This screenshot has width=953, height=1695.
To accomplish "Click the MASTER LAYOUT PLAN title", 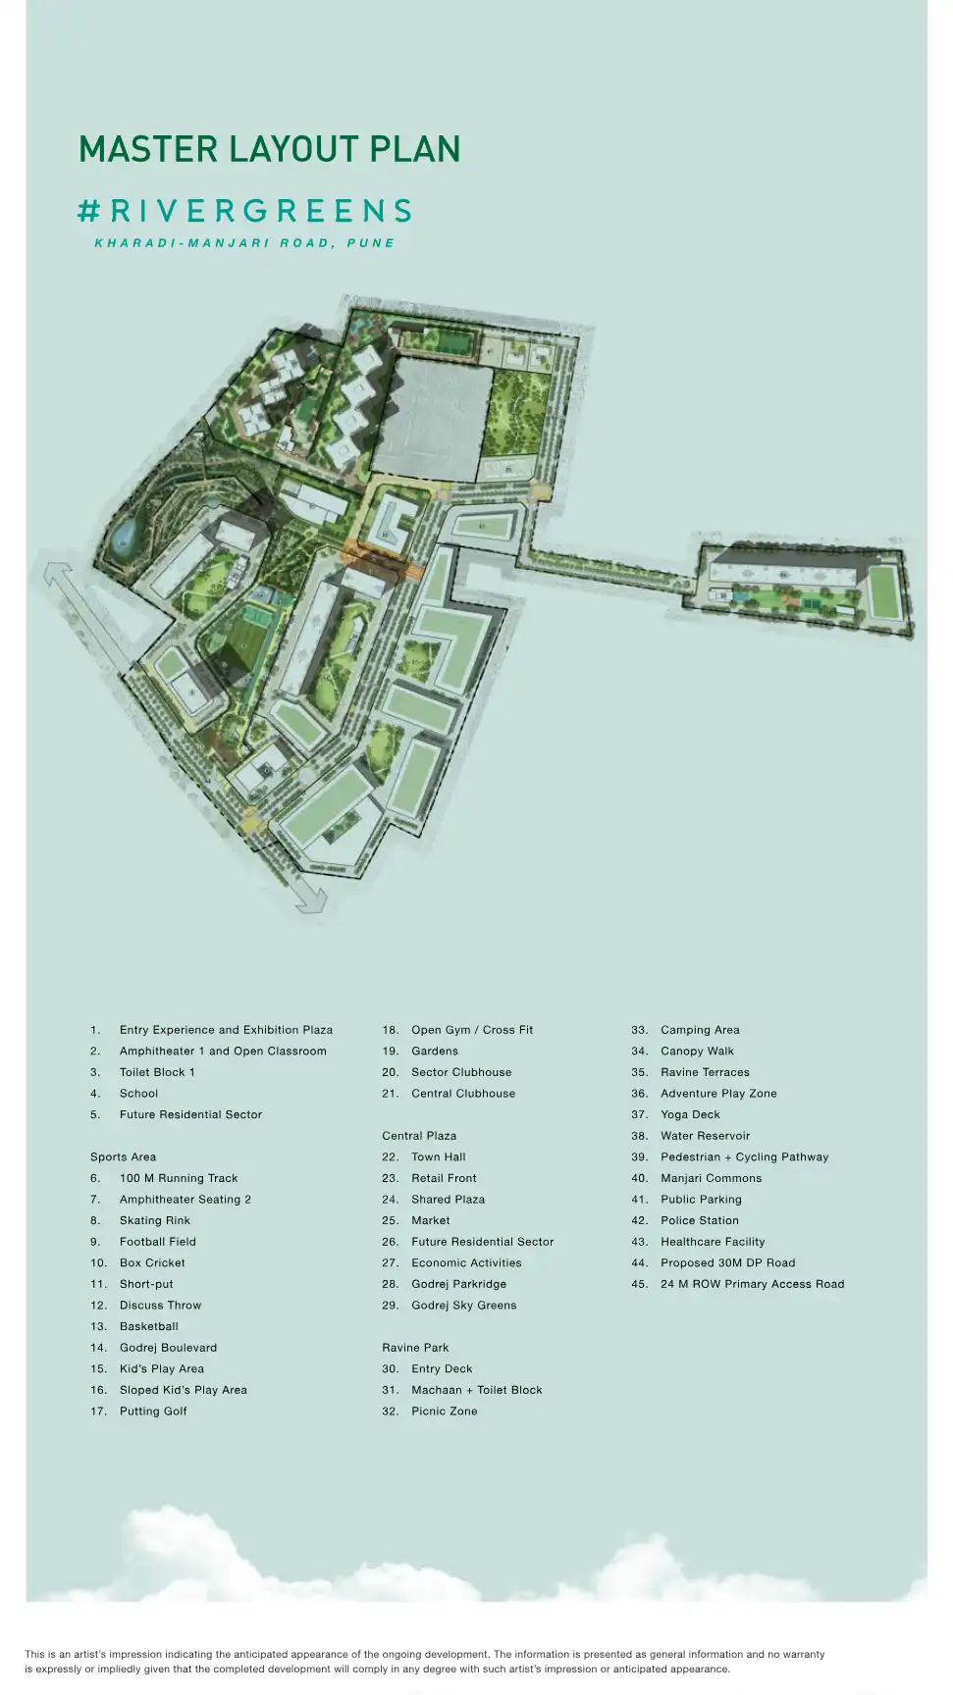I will (270, 150).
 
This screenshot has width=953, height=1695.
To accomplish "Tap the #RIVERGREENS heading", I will (245, 211).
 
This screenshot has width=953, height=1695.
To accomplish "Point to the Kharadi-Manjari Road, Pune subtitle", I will (244, 243).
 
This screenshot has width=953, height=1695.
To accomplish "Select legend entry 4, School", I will (138, 1094).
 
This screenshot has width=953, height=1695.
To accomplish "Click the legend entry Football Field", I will (157, 1242).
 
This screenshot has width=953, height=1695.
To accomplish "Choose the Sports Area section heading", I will (123, 1157).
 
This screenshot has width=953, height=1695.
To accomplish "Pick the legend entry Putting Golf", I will (153, 1412).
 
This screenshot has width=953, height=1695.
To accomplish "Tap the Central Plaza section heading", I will (419, 1136).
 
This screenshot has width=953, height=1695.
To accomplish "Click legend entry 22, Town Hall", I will (438, 1157).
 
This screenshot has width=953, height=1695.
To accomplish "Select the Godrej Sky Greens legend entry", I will (463, 1306).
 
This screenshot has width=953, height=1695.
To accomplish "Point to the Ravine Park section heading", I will (415, 1348).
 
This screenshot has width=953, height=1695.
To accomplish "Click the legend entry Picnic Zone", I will (444, 1412).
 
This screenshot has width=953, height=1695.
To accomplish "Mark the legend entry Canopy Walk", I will (697, 1052).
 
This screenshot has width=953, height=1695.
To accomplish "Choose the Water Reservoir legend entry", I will (705, 1136).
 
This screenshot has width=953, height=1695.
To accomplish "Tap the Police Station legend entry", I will (699, 1221).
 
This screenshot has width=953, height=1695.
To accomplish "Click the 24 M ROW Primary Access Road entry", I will (752, 1284).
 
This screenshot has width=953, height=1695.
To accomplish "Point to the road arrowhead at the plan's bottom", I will (313, 897).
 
